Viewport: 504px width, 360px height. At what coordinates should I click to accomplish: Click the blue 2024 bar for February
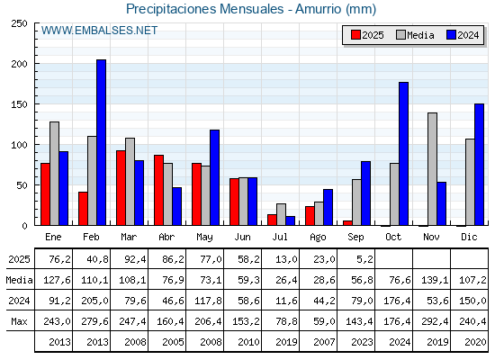[x=101, y=142]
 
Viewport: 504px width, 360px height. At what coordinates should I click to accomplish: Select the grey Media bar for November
[x=432, y=169]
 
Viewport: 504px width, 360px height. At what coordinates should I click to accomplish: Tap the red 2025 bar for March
[x=121, y=188]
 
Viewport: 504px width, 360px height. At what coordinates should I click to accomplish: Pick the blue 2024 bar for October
[x=404, y=154]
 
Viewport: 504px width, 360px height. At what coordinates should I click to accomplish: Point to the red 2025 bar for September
[x=347, y=223]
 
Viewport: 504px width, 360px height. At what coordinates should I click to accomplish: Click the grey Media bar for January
[x=54, y=174]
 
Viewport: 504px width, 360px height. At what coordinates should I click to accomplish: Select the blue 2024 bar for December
[x=479, y=165]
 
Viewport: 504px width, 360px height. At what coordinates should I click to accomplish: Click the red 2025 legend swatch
[x=355, y=35]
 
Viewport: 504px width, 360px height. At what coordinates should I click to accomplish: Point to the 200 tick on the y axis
[x=20, y=64]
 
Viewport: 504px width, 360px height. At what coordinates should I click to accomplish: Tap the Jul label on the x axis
[x=280, y=238]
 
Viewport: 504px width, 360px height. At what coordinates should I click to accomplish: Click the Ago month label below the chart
[x=318, y=238]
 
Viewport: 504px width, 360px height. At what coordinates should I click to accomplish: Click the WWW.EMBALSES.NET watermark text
[x=99, y=31]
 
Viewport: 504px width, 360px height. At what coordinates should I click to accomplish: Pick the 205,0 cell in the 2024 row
[x=94, y=301]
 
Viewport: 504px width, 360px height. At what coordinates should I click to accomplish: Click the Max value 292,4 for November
[x=435, y=321]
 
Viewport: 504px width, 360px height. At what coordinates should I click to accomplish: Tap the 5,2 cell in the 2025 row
[x=364, y=259]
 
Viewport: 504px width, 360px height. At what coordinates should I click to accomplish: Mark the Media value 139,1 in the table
[x=435, y=280]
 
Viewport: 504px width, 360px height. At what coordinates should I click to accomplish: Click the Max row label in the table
[x=19, y=321]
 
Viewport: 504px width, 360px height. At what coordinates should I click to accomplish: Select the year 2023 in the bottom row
[x=362, y=342]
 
